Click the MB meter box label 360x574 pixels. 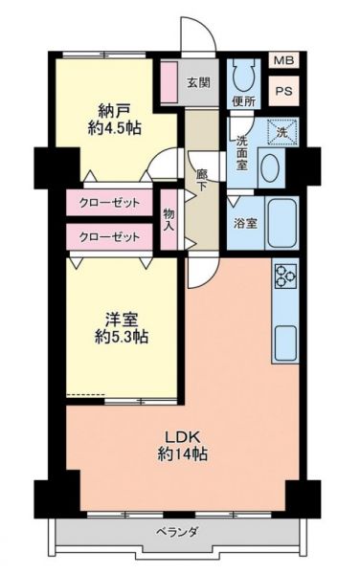coord(283,60)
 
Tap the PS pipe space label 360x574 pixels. coord(283,91)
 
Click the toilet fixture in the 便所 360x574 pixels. coord(243,76)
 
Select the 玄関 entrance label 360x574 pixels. coord(198,82)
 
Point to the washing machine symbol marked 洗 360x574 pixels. coord(281,132)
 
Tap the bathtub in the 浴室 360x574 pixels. coord(281,223)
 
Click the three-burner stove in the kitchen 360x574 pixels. coord(285,276)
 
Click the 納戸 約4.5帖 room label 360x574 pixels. coord(114,119)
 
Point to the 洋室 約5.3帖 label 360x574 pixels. coord(122,328)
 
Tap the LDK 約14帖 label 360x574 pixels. coord(182,446)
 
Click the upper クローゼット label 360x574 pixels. coord(109,203)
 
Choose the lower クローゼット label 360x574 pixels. coord(109,237)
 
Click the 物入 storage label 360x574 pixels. coord(169,219)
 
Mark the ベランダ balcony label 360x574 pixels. coord(178,531)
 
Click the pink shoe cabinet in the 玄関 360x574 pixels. coord(169,82)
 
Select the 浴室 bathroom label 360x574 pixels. coord(245,223)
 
